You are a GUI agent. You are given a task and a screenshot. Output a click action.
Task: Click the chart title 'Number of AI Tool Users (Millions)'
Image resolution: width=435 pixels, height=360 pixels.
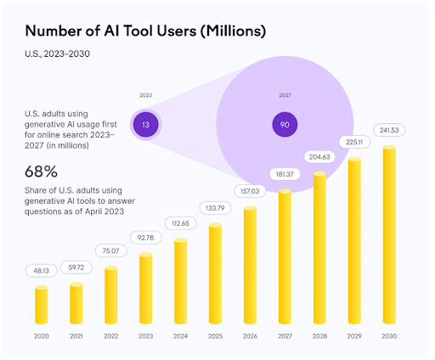click(x=145, y=31)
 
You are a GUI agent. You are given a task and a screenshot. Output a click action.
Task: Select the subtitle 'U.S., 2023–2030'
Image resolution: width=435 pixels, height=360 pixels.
click(x=56, y=54)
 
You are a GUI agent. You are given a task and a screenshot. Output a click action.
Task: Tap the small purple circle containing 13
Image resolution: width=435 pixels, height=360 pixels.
click(x=146, y=125)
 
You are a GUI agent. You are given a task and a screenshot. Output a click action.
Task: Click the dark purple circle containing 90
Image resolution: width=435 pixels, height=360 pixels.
click(x=285, y=125)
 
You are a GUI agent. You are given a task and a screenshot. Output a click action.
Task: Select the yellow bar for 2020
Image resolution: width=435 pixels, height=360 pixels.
click(x=42, y=306)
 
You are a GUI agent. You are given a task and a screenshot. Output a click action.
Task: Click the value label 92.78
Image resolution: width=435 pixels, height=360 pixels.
click(x=146, y=239)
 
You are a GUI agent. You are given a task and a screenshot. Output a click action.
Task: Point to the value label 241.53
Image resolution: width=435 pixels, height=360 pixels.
click(x=390, y=130)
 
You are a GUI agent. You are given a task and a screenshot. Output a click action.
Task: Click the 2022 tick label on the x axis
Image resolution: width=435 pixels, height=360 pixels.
click(x=111, y=336)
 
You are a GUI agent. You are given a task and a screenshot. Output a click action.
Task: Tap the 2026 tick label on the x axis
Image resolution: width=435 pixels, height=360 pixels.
click(x=251, y=336)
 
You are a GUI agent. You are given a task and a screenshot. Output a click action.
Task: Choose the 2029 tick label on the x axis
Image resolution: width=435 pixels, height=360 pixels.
click(x=355, y=336)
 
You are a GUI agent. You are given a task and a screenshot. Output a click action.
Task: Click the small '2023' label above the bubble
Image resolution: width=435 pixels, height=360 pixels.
click(x=146, y=96)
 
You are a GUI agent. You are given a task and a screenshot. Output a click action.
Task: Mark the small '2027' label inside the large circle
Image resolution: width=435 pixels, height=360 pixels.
click(x=285, y=96)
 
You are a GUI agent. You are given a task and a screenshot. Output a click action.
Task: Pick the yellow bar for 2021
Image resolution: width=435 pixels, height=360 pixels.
click(x=76, y=303)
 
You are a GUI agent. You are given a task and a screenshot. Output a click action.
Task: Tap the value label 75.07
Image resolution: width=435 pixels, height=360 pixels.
click(x=111, y=251)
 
